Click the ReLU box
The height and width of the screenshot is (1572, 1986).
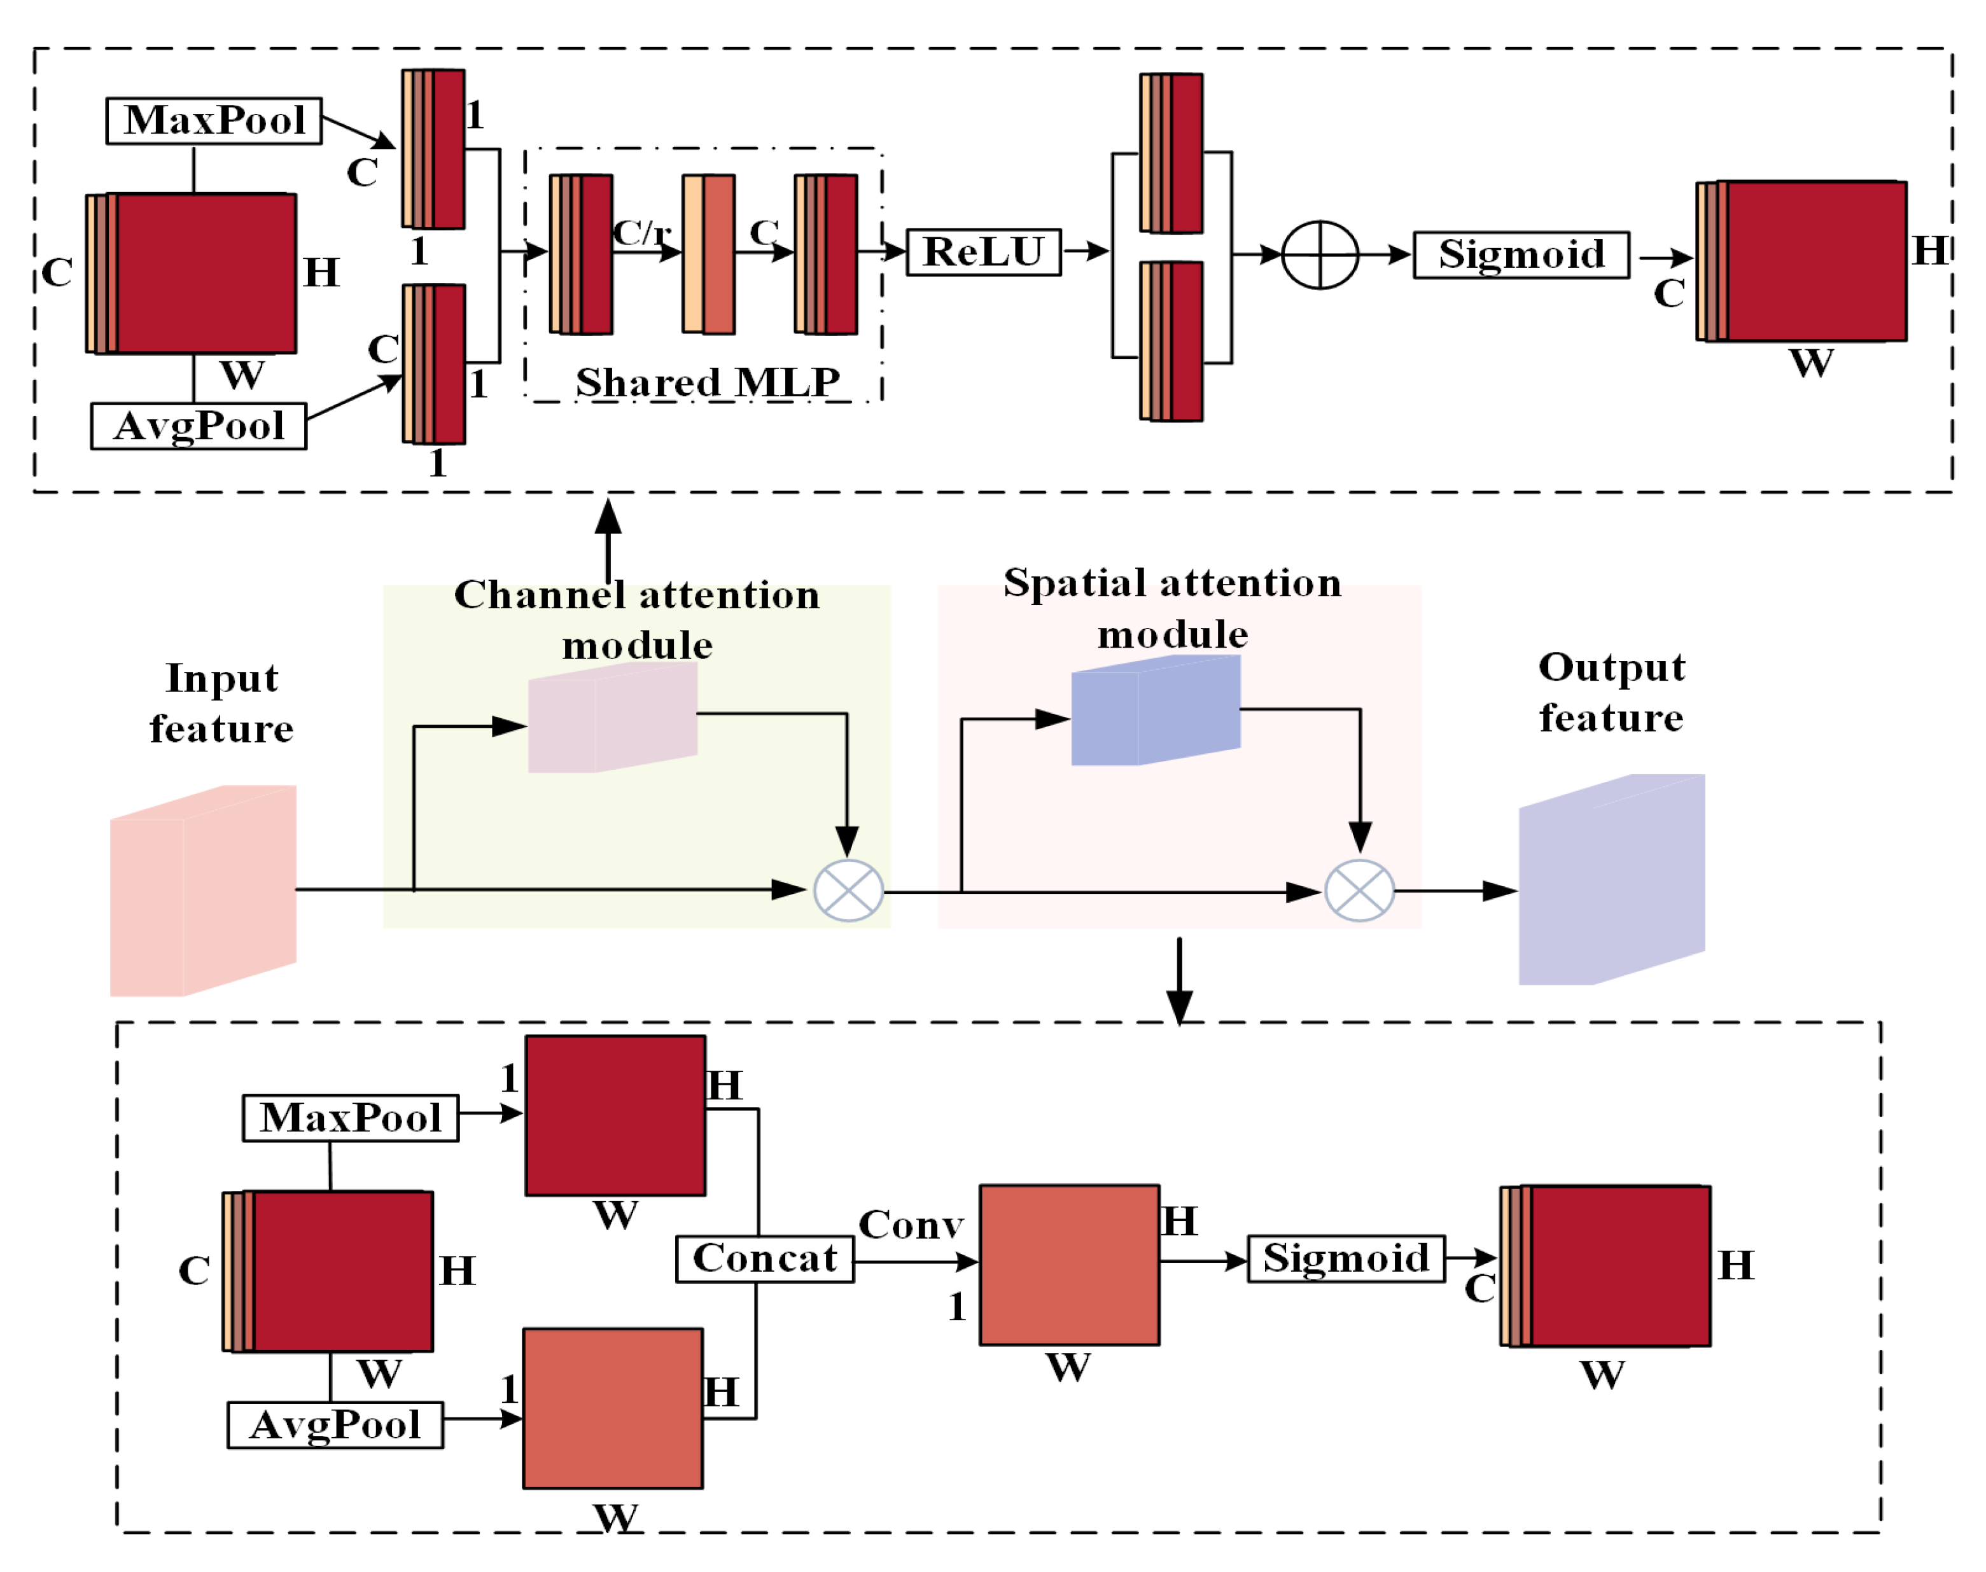pos(983,252)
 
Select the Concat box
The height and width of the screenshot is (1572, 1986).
pos(764,1258)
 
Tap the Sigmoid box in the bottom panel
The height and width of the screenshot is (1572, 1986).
pos(1345,1258)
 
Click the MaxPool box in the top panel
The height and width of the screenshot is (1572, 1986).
pos(214,121)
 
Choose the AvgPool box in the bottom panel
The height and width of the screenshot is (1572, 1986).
pos(335,1425)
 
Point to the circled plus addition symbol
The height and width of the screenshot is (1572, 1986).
pos(1319,255)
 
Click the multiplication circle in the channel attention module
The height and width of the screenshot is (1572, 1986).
pos(848,890)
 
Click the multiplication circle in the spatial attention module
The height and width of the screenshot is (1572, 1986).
pos(1359,890)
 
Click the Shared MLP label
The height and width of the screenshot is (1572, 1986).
pos(706,382)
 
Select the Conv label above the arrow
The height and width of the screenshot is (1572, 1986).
pos(911,1225)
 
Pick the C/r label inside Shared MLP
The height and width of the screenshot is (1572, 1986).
pos(641,232)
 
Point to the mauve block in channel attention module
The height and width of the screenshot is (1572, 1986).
pos(612,718)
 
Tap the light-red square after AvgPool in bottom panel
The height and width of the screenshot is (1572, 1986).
pos(612,1408)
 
